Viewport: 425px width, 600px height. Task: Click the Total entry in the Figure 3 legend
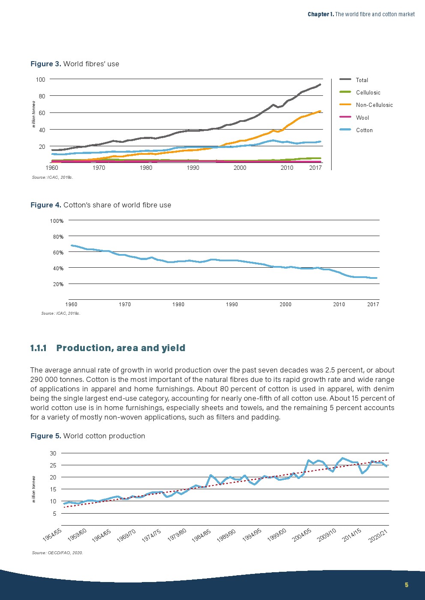coord(362,80)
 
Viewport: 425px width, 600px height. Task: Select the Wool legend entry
coord(362,118)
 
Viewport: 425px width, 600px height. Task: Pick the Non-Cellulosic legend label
coord(374,105)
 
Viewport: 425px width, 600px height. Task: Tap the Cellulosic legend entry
coord(368,92)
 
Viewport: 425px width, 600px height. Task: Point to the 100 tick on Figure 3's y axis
coord(41,80)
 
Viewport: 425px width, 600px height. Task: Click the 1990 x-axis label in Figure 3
coord(193,168)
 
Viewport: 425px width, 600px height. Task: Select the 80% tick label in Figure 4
coord(58,236)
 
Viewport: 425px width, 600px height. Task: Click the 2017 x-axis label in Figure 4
coord(373,304)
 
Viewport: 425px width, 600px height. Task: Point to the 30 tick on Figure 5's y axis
coord(53,453)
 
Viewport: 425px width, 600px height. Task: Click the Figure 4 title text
coord(101,205)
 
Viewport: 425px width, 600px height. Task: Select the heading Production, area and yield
coord(121,348)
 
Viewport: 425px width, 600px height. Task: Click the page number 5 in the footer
coord(407,585)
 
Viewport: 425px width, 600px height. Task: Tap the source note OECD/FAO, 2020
coord(57,553)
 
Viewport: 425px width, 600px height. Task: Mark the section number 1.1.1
coord(39,348)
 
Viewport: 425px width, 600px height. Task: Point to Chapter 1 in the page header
coord(320,15)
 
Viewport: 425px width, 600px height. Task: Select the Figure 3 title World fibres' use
coord(75,64)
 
